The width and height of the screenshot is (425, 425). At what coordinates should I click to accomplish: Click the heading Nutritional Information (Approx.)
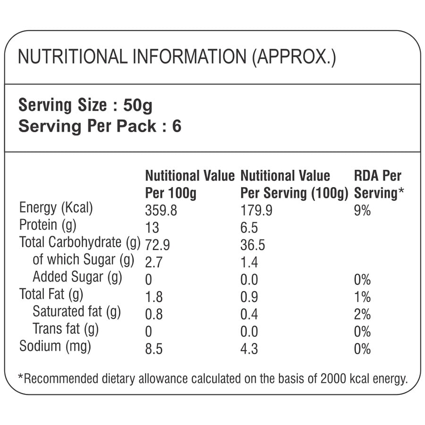pos(176,57)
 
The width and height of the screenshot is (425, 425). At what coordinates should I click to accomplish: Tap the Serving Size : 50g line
pos(85,105)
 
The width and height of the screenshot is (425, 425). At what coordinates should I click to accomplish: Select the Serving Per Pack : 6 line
pos(99,126)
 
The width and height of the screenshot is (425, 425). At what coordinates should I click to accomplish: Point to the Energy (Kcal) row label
pos(56,208)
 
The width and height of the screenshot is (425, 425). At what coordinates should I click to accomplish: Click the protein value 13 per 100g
pos(153,228)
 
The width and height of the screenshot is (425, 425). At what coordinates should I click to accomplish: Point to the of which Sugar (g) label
pos(83,260)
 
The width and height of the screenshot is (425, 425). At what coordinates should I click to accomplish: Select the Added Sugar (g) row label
pos(77,277)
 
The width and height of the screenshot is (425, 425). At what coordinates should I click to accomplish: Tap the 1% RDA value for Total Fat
pos(362,297)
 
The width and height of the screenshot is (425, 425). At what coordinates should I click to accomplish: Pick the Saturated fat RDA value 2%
pos(362,314)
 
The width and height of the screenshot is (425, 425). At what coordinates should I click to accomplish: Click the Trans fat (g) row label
pos(66,329)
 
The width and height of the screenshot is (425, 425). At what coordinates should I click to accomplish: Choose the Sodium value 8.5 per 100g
pos(154,349)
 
